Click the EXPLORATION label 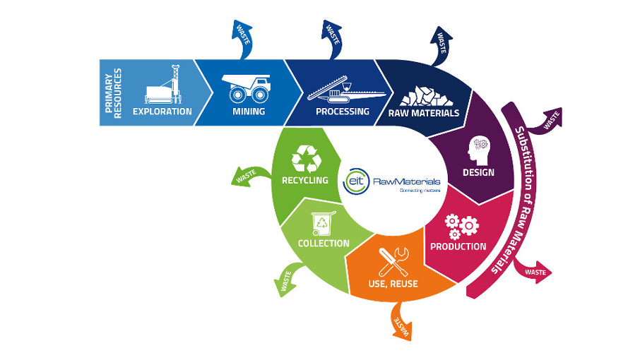[x=162, y=112]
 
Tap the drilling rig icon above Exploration [x=162, y=86]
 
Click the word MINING [x=249, y=112]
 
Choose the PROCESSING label [x=343, y=112]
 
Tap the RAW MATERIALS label [x=424, y=113]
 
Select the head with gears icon [x=478, y=148]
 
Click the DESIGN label [x=478, y=173]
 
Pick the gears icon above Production [x=461, y=225]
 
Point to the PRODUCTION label [x=458, y=246]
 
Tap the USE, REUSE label [x=393, y=284]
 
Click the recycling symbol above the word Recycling [x=308, y=158]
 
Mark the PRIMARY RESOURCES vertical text [x=113, y=92]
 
